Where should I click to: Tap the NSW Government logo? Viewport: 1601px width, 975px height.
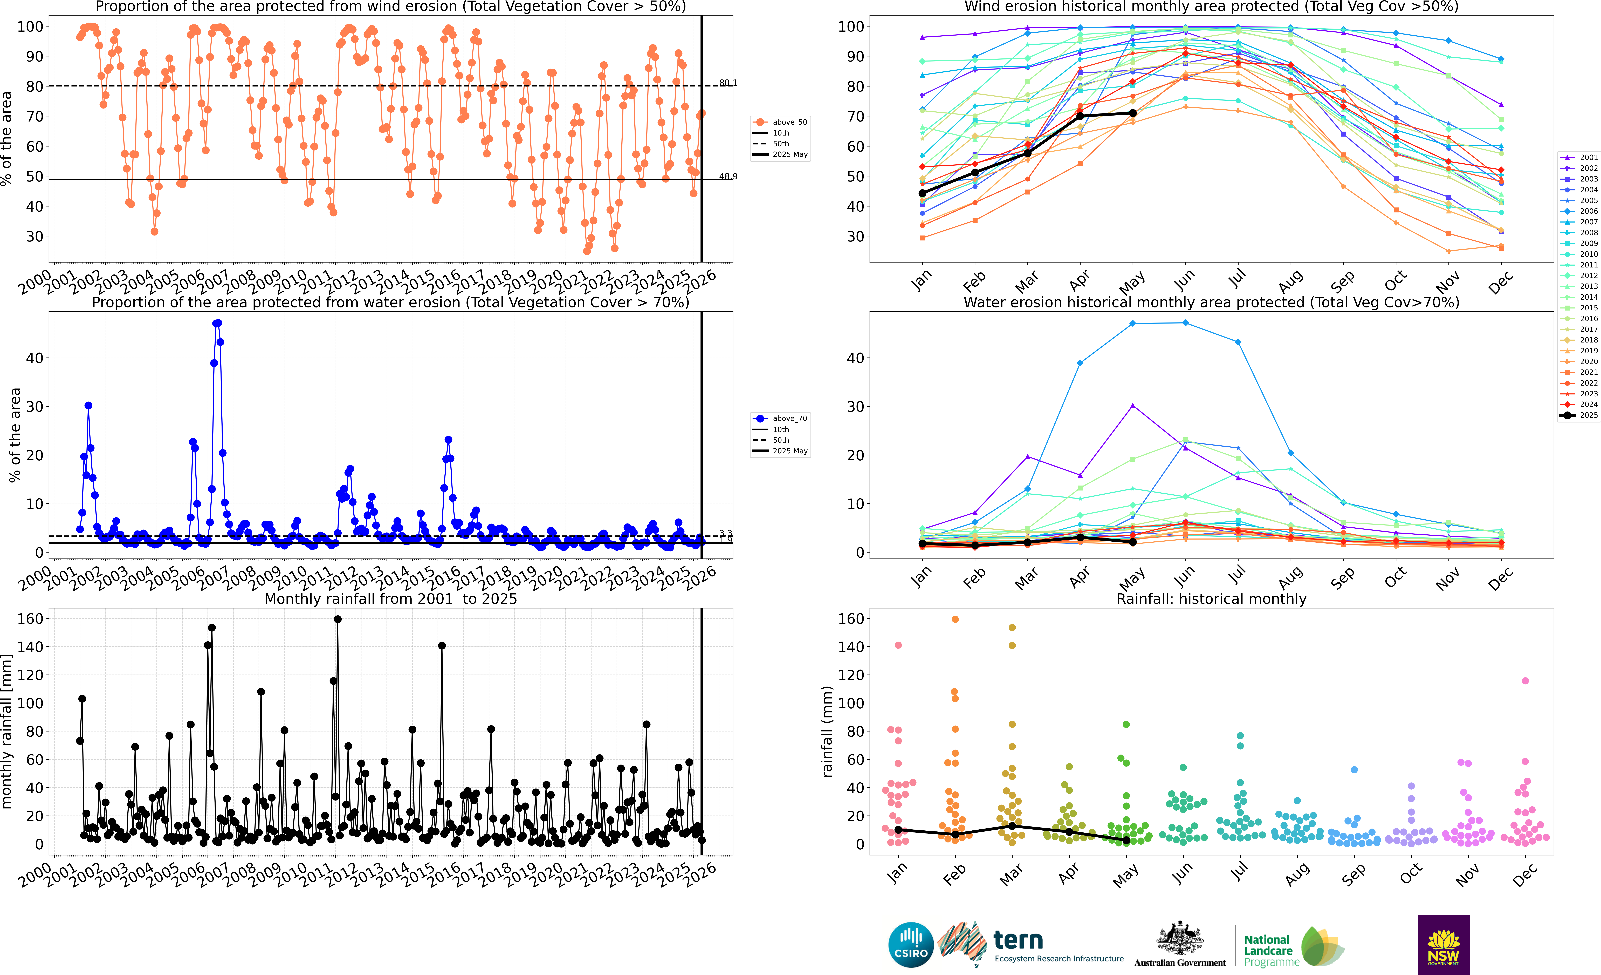point(1443,944)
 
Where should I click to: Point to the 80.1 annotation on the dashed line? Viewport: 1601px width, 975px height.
point(728,83)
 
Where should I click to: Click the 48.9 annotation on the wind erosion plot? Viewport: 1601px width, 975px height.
point(728,176)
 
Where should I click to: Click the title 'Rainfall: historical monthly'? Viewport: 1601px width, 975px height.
point(1211,599)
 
